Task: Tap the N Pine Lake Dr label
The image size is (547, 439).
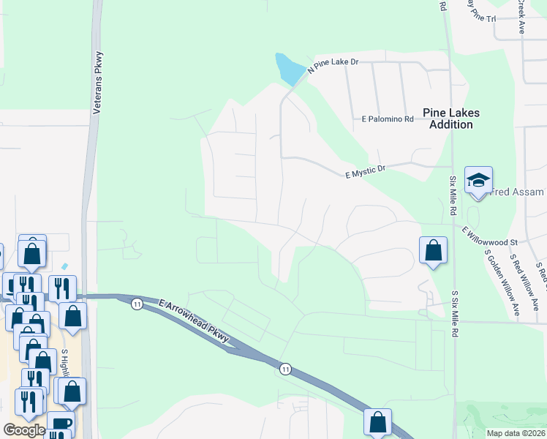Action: [x=333, y=64]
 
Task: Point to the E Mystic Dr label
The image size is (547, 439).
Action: [x=365, y=173]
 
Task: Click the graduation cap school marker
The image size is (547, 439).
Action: [x=478, y=181]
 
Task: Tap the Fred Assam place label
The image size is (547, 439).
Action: [x=518, y=192]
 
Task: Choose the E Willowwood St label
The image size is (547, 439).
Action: [x=489, y=236]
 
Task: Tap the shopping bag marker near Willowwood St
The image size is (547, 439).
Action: [x=434, y=250]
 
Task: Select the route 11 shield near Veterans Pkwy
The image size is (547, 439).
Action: [x=137, y=304]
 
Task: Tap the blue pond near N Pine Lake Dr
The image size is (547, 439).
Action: [x=289, y=70]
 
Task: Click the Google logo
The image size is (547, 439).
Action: [x=24, y=430]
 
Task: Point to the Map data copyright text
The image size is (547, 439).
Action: [x=516, y=433]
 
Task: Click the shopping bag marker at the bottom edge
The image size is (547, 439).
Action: [x=377, y=422]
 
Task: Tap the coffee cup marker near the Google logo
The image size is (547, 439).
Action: [x=61, y=424]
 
